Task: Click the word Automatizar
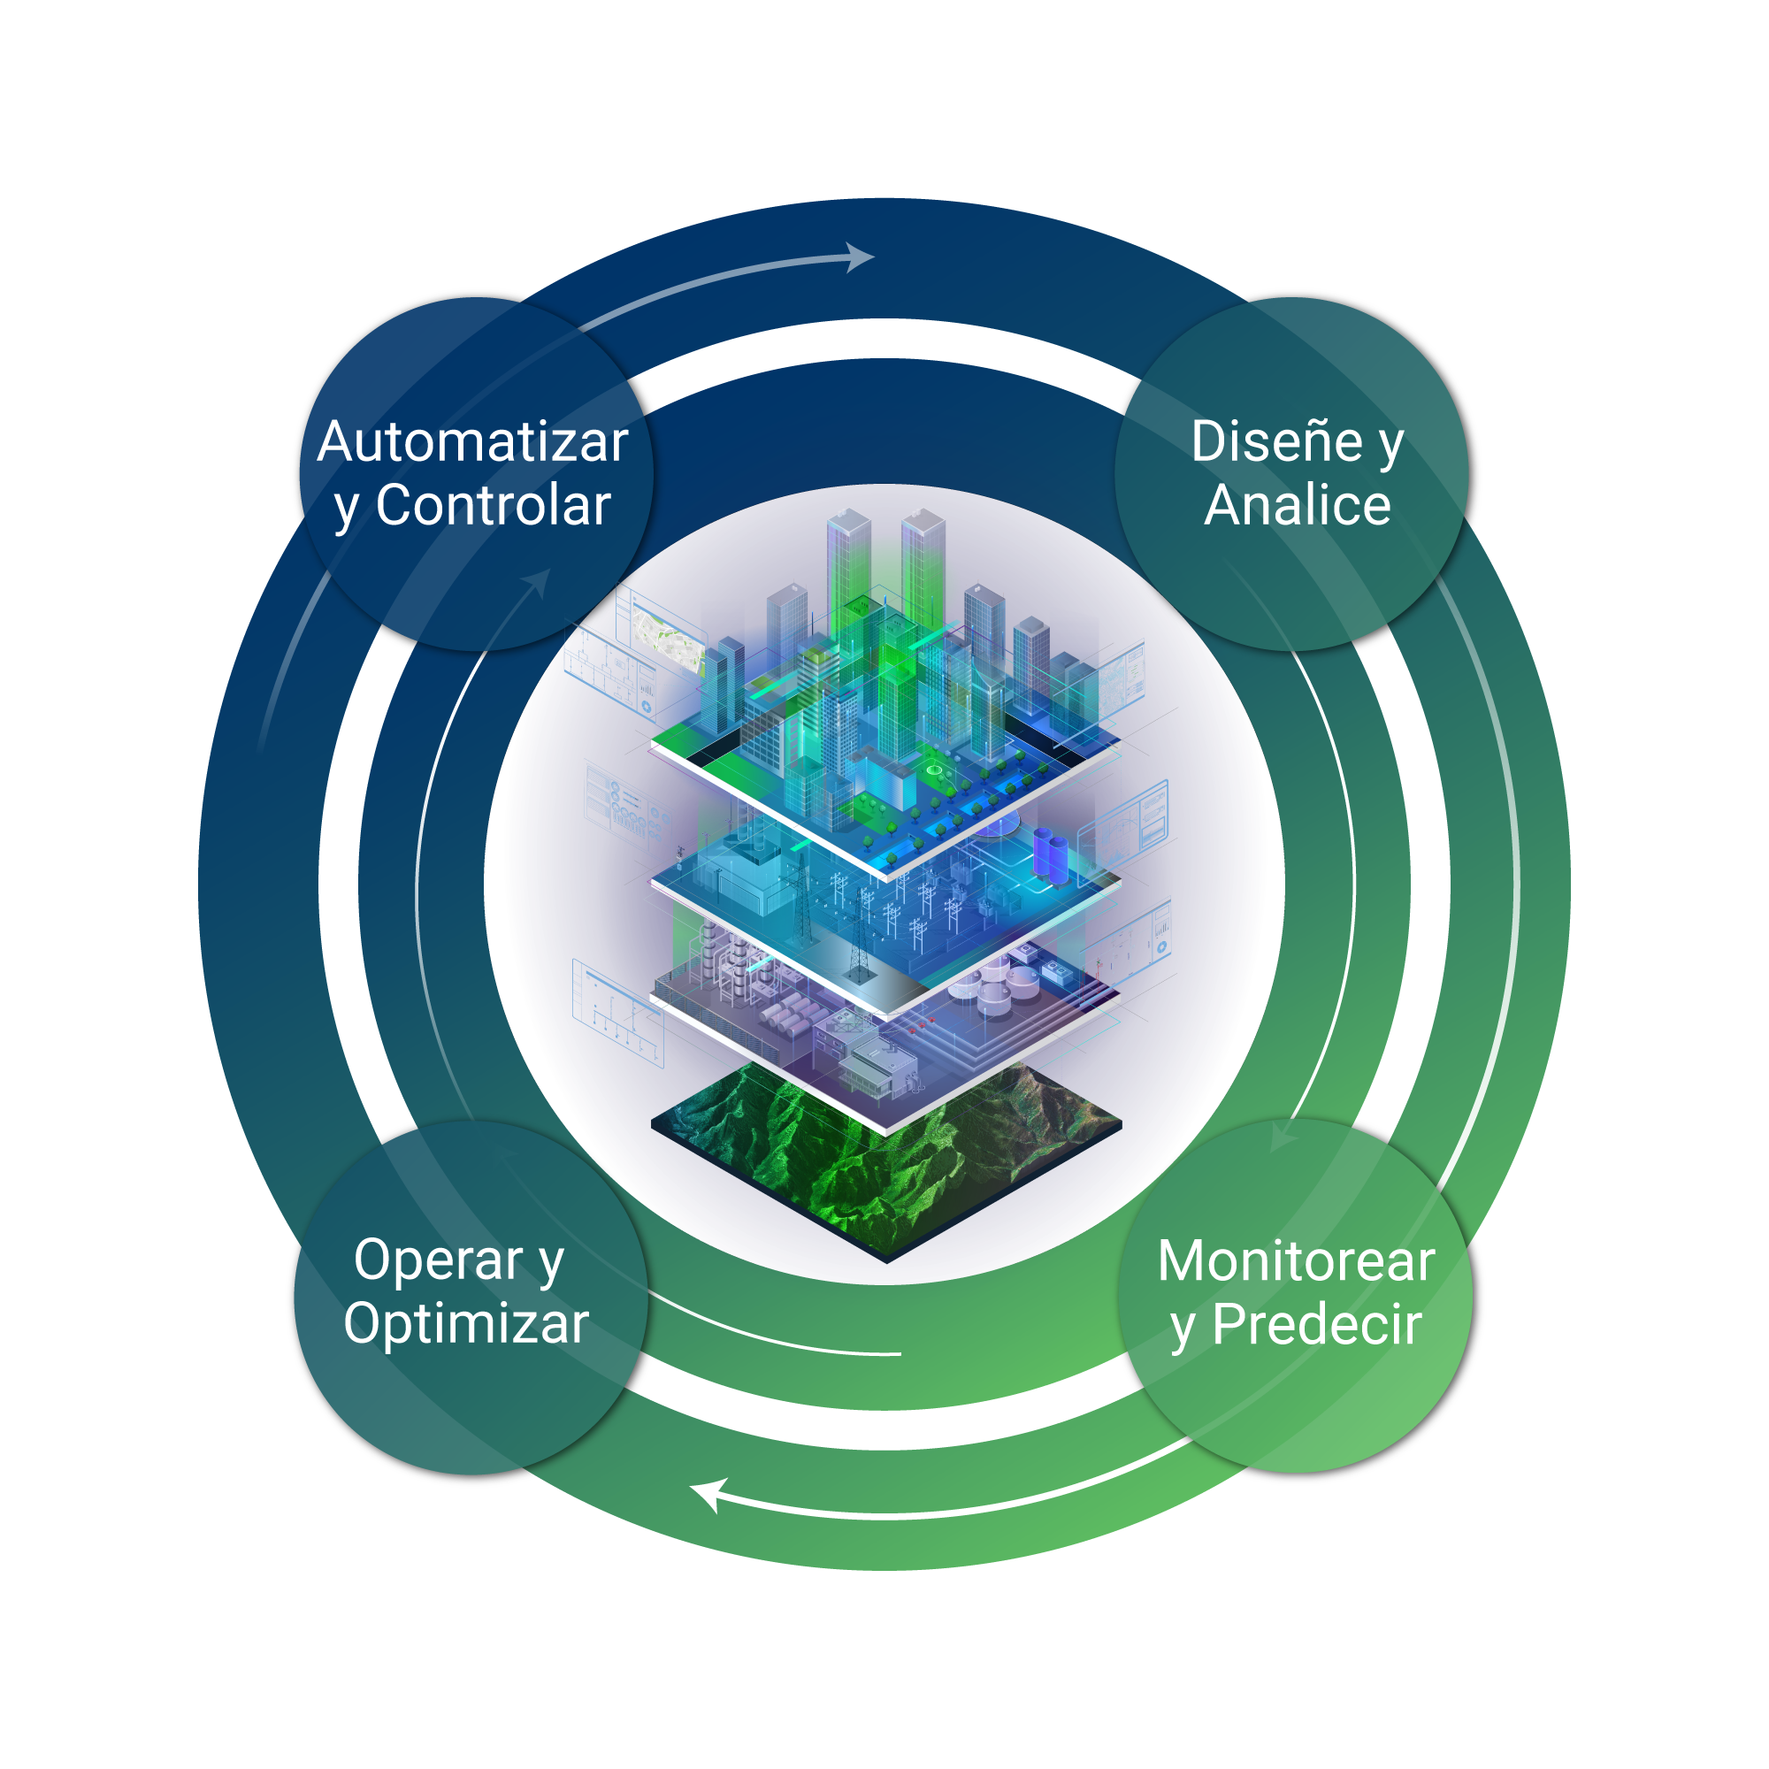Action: point(472,442)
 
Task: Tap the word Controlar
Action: point(493,506)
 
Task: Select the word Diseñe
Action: point(1276,442)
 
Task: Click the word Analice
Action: point(1297,506)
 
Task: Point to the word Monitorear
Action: point(1296,1262)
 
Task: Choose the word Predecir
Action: point(1317,1325)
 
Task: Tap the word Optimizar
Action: point(466,1324)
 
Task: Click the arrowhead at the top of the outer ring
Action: point(860,257)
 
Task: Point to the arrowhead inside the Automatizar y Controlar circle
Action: point(540,580)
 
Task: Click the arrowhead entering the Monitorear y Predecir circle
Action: point(1283,1137)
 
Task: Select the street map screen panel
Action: point(669,637)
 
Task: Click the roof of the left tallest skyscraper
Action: point(848,519)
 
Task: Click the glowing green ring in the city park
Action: point(934,770)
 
